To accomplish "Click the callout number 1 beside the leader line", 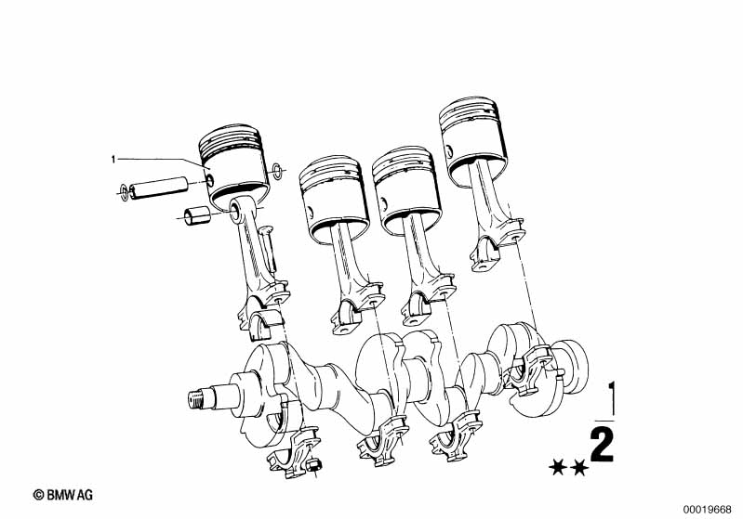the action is (113, 160).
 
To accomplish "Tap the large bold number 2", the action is (603, 445).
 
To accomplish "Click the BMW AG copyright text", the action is (63, 495).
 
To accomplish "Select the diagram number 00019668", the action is (707, 510).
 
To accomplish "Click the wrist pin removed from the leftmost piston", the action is (159, 187).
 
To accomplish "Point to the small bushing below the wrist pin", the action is (197, 215).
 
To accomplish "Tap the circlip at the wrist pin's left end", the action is (125, 191).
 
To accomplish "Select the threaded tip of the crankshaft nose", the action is (195, 399).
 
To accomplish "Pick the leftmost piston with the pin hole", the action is (233, 165).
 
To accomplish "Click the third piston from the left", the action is (406, 189).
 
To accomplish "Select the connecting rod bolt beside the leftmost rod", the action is (268, 252).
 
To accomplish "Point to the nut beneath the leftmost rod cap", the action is (313, 465).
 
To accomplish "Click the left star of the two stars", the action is (558, 469).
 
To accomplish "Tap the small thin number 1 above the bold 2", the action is (613, 399).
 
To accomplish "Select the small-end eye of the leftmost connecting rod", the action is (235, 210).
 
